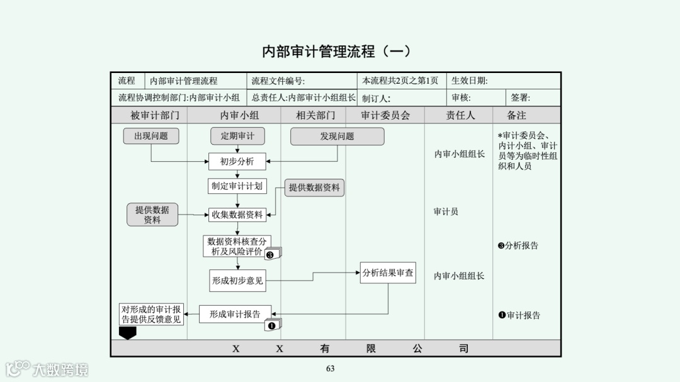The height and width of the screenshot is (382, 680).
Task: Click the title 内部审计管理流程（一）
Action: (336, 52)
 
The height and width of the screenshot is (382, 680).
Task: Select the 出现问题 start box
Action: (151, 136)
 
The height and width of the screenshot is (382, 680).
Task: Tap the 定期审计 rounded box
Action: (237, 136)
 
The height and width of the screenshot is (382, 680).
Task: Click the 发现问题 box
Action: (337, 136)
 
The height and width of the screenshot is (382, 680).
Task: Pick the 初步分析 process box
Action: (237, 162)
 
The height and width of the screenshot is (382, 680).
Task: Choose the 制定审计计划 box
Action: (237, 186)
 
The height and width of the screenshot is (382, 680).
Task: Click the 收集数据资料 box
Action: (237, 215)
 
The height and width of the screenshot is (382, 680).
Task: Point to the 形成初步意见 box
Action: (237, 281)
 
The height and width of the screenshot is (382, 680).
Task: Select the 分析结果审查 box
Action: (388, 273)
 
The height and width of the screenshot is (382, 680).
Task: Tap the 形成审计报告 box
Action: (235, 314)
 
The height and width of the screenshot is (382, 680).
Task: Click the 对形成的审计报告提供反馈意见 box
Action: (151, 314)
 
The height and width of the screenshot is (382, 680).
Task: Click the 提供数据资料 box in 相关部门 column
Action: (314, 188)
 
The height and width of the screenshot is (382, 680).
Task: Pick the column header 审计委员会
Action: (385, 115)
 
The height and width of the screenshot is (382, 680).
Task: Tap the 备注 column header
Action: (516, 115)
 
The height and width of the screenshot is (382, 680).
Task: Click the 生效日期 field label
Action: (470, 81)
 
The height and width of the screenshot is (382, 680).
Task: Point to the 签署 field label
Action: (520, 98)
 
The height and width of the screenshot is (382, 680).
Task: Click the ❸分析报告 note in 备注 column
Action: (518, 245)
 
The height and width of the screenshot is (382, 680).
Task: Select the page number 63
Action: (330, 369)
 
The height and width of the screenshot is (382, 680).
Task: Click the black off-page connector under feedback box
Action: (128, 332)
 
